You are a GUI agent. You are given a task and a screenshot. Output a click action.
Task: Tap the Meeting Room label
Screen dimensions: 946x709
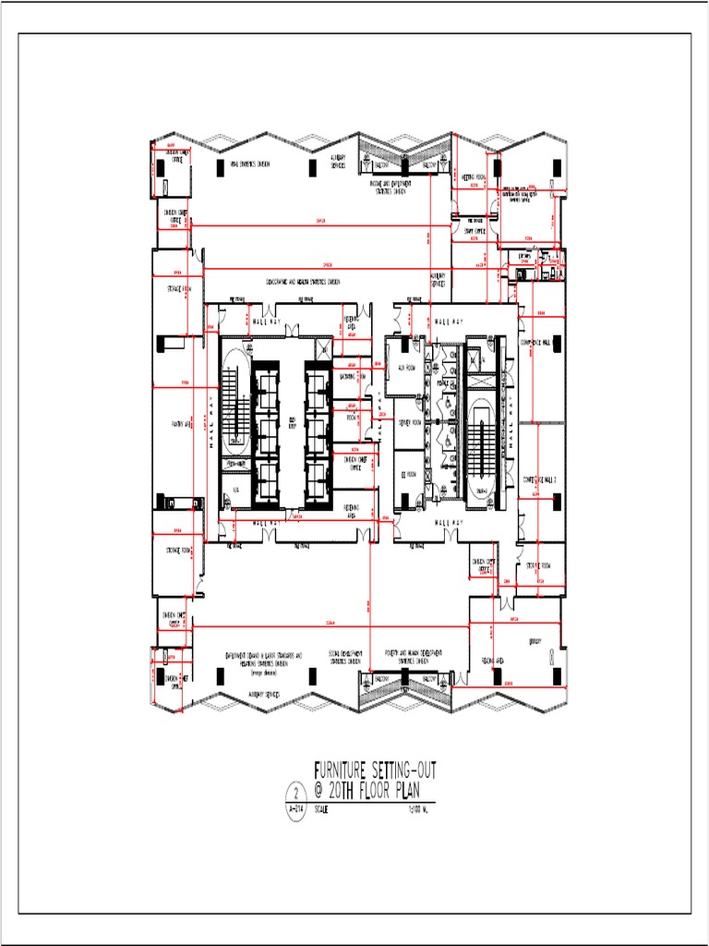coord(475,177)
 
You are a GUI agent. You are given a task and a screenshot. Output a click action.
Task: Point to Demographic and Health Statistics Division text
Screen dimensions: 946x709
coord(303,282)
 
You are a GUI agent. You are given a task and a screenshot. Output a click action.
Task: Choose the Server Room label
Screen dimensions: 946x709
coord(409,422)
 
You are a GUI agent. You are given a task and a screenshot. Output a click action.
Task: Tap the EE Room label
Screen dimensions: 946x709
coord(409,475)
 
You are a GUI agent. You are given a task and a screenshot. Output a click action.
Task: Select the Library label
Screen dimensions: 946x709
coord(535,640)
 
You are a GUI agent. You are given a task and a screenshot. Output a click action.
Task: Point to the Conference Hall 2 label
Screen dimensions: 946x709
coord(541,479)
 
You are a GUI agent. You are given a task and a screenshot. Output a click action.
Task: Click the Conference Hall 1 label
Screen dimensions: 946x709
coord(541,342)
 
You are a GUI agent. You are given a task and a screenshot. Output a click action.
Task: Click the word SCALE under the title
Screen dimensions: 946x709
coord(322,810)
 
